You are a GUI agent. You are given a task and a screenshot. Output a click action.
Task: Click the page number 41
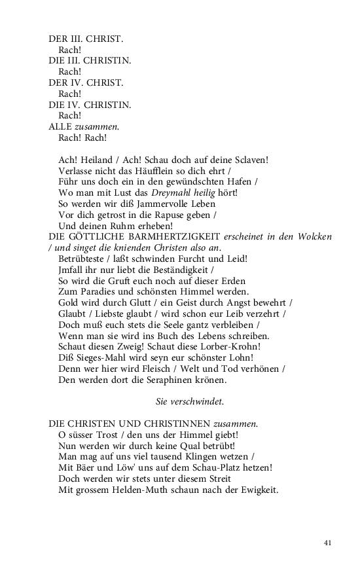click(x=329, y=542)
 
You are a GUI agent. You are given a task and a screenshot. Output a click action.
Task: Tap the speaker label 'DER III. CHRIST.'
click(x=86, y=39)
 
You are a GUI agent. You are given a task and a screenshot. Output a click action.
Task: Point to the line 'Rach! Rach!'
click(x=82, y=138)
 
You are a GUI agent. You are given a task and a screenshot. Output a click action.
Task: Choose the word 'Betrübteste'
click(x=85, y=259)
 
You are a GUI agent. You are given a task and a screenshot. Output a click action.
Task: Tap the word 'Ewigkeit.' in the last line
click(x=259, y=490)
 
